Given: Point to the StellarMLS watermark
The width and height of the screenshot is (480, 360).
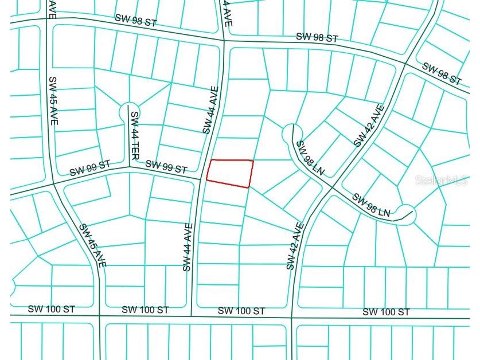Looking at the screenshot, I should tap(442, 181).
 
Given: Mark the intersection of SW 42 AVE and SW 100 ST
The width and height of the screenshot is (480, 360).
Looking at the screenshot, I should tap(292, 317).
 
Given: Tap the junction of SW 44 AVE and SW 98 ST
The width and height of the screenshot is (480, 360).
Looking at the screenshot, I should tap(224, 40).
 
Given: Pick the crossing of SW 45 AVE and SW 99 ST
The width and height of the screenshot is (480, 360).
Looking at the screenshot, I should tap(53, 184).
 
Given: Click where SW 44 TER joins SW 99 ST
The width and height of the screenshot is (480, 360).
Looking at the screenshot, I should tap(128, 169).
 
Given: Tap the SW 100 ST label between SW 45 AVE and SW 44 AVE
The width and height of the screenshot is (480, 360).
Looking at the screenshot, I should tap(145, 310).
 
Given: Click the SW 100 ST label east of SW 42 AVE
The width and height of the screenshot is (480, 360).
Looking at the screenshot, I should tap(386, 312).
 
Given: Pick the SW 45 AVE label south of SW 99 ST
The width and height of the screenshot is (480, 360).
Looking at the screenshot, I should tap(92, 245).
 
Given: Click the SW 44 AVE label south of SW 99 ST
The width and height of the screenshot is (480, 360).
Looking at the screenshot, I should tap(187, 246).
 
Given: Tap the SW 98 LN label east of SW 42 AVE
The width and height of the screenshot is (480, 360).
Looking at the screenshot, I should tap(371, 205).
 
